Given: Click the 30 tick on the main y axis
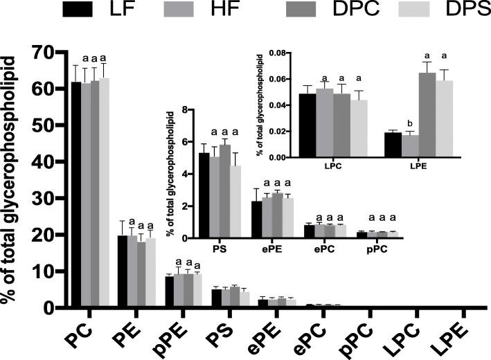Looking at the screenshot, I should coord(46,199).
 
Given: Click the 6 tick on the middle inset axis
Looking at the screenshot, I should coord(184,142).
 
